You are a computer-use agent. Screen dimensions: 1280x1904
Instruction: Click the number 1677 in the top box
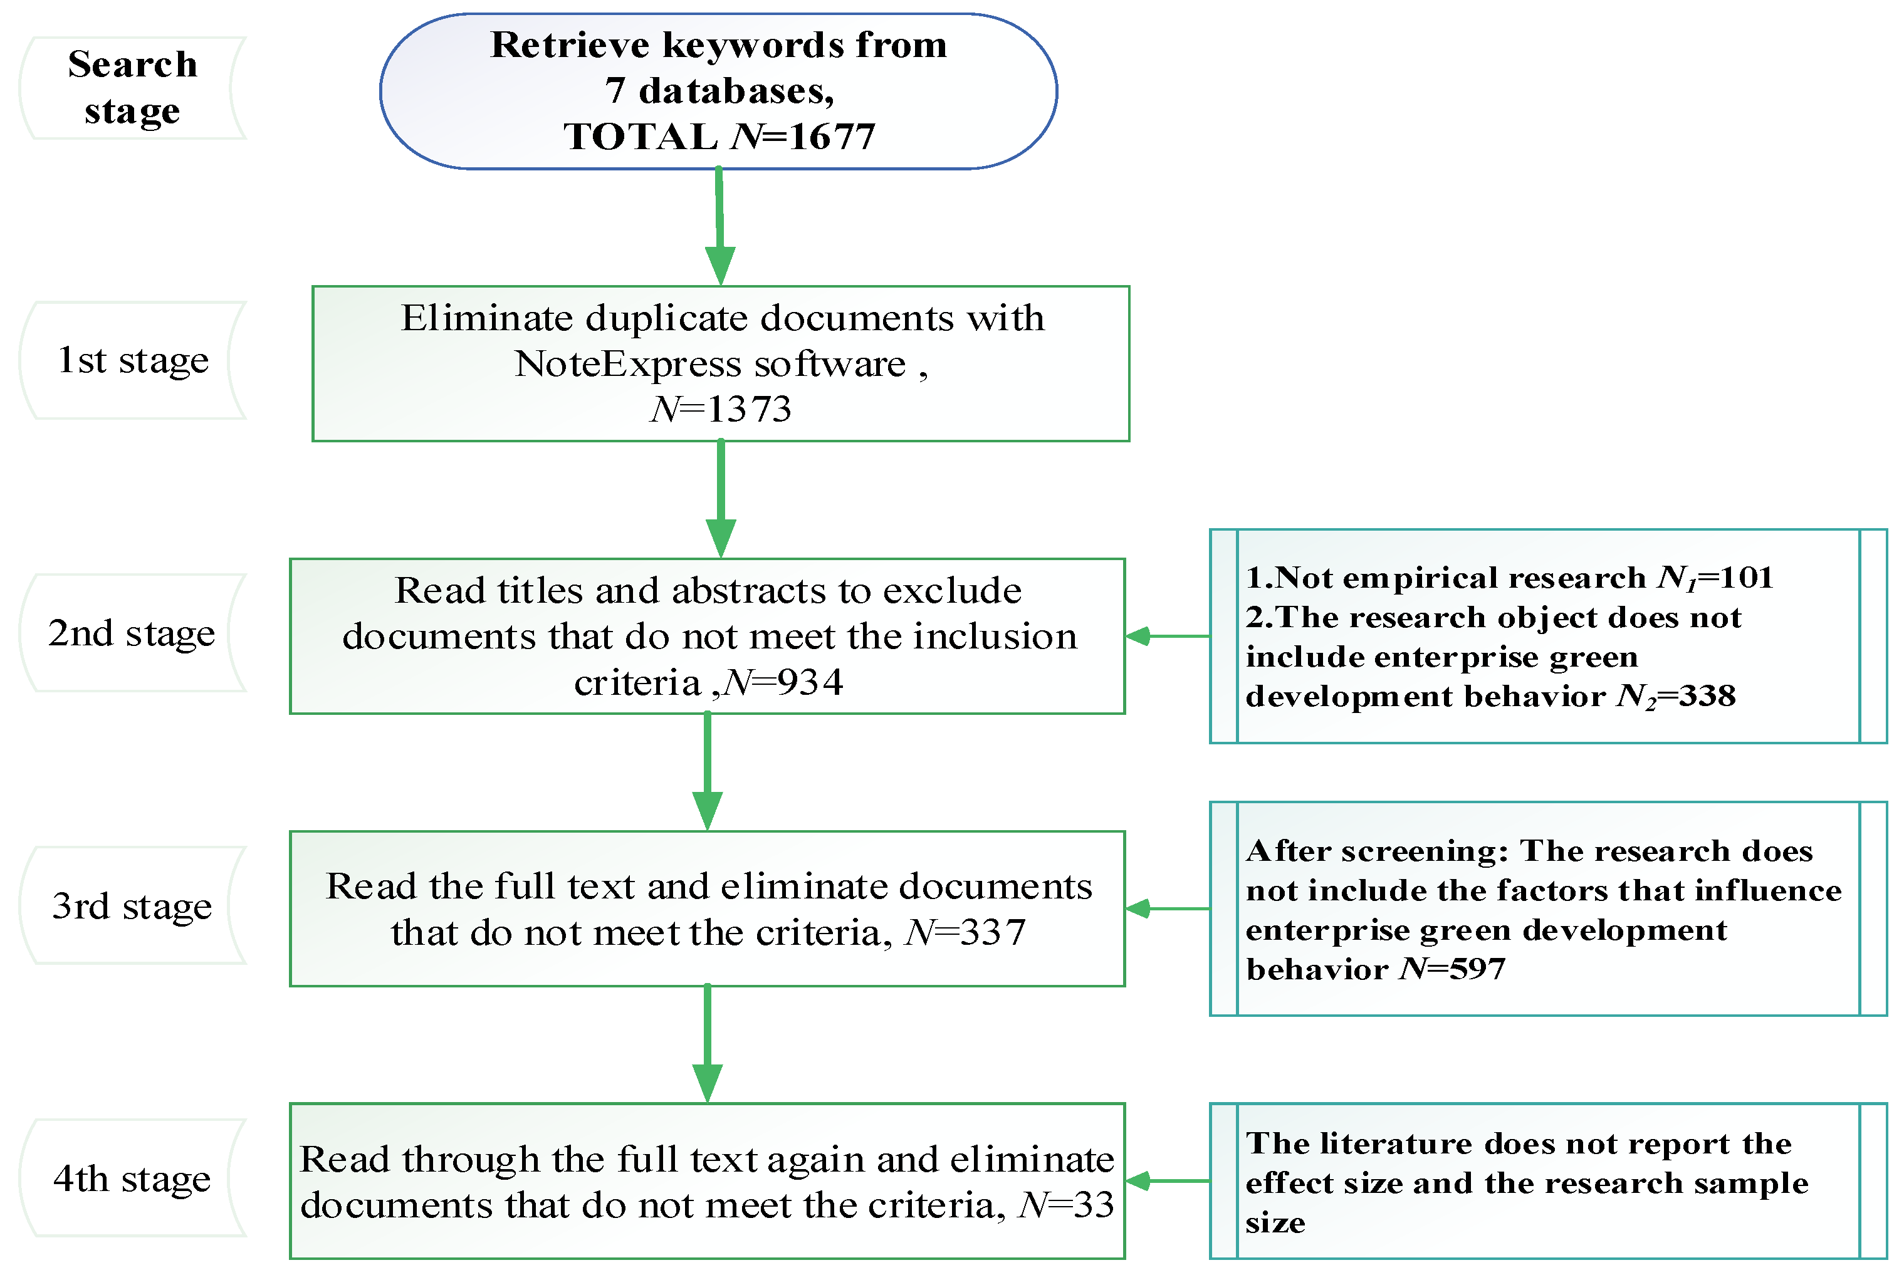[831, 137]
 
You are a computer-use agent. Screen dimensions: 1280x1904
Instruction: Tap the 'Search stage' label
[132, 87]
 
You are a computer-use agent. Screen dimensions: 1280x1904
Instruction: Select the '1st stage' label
[132, 360]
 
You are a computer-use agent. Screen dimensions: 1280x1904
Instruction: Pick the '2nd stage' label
[132, 633]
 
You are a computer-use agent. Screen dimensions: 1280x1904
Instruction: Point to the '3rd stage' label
[132, 905]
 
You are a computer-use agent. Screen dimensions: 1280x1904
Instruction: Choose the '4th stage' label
[132, 1178]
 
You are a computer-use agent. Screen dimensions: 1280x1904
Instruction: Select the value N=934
[784, 682]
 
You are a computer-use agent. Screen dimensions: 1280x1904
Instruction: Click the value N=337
[965, 932]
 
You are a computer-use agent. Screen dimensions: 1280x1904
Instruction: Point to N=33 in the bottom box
[1065, 1205]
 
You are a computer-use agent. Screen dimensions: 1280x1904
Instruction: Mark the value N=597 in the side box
[1453, 969]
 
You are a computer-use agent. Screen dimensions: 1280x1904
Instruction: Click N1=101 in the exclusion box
[1715, 578]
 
